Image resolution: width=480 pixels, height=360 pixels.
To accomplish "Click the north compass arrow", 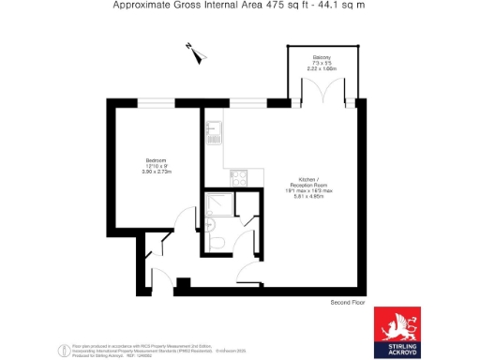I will tap(194, 52).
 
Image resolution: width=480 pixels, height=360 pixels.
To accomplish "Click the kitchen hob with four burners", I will tap(235, 175).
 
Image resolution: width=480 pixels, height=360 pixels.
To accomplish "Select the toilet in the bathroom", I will tap(217, 243).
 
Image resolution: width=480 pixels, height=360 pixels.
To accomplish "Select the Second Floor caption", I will tap(348, 303).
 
